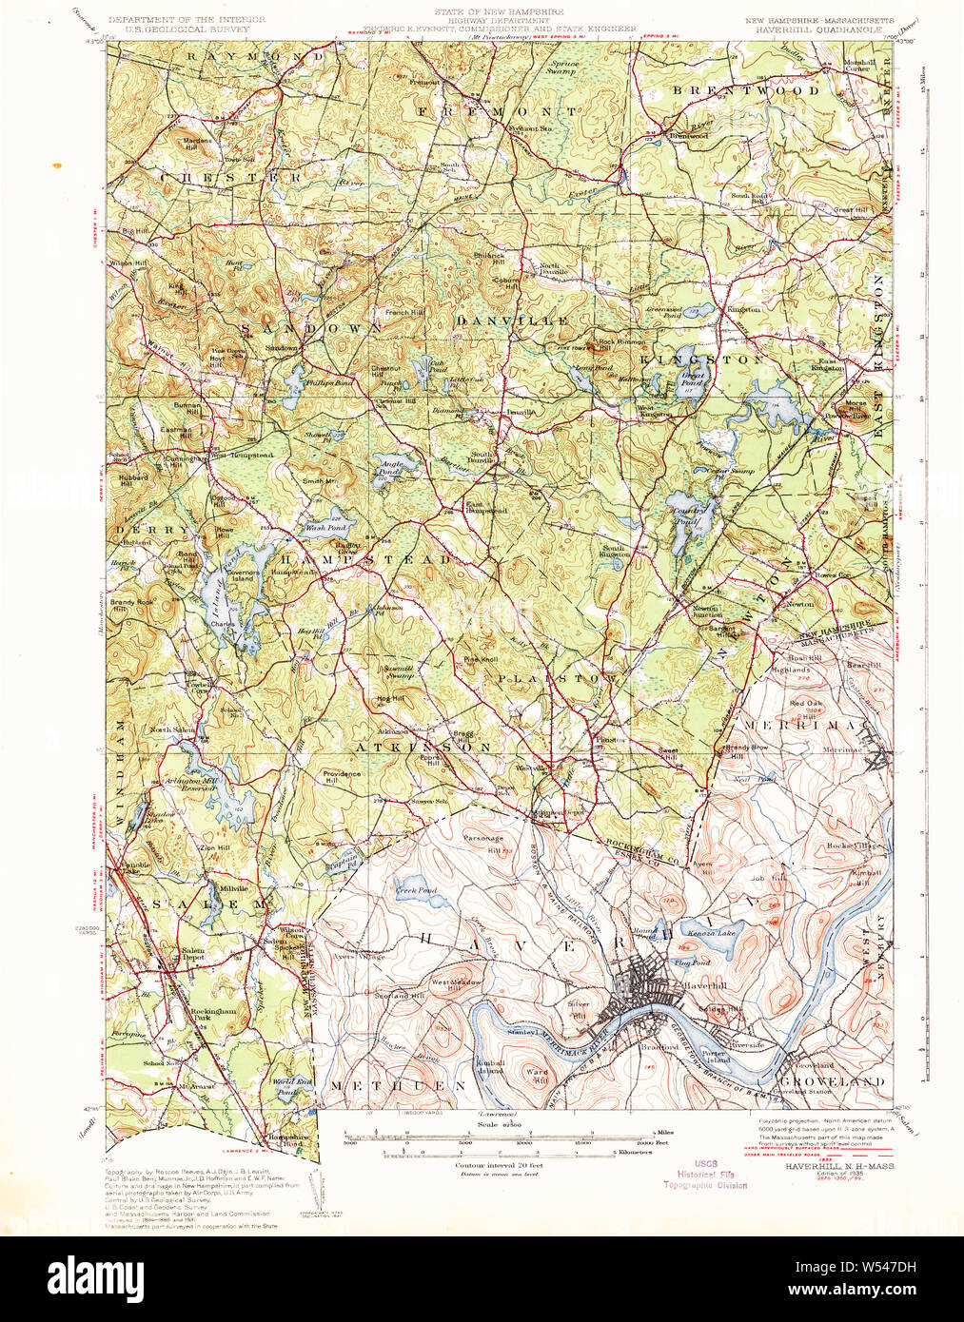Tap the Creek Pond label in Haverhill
pos(416,890)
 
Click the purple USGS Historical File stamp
pos(705,1175)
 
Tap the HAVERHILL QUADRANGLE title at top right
pos(820,28)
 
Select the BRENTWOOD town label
pos(746,90)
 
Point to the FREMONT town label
pos(496,111)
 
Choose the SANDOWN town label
pos(311,328)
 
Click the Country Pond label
pos(690,515)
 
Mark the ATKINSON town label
pos(423,748)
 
